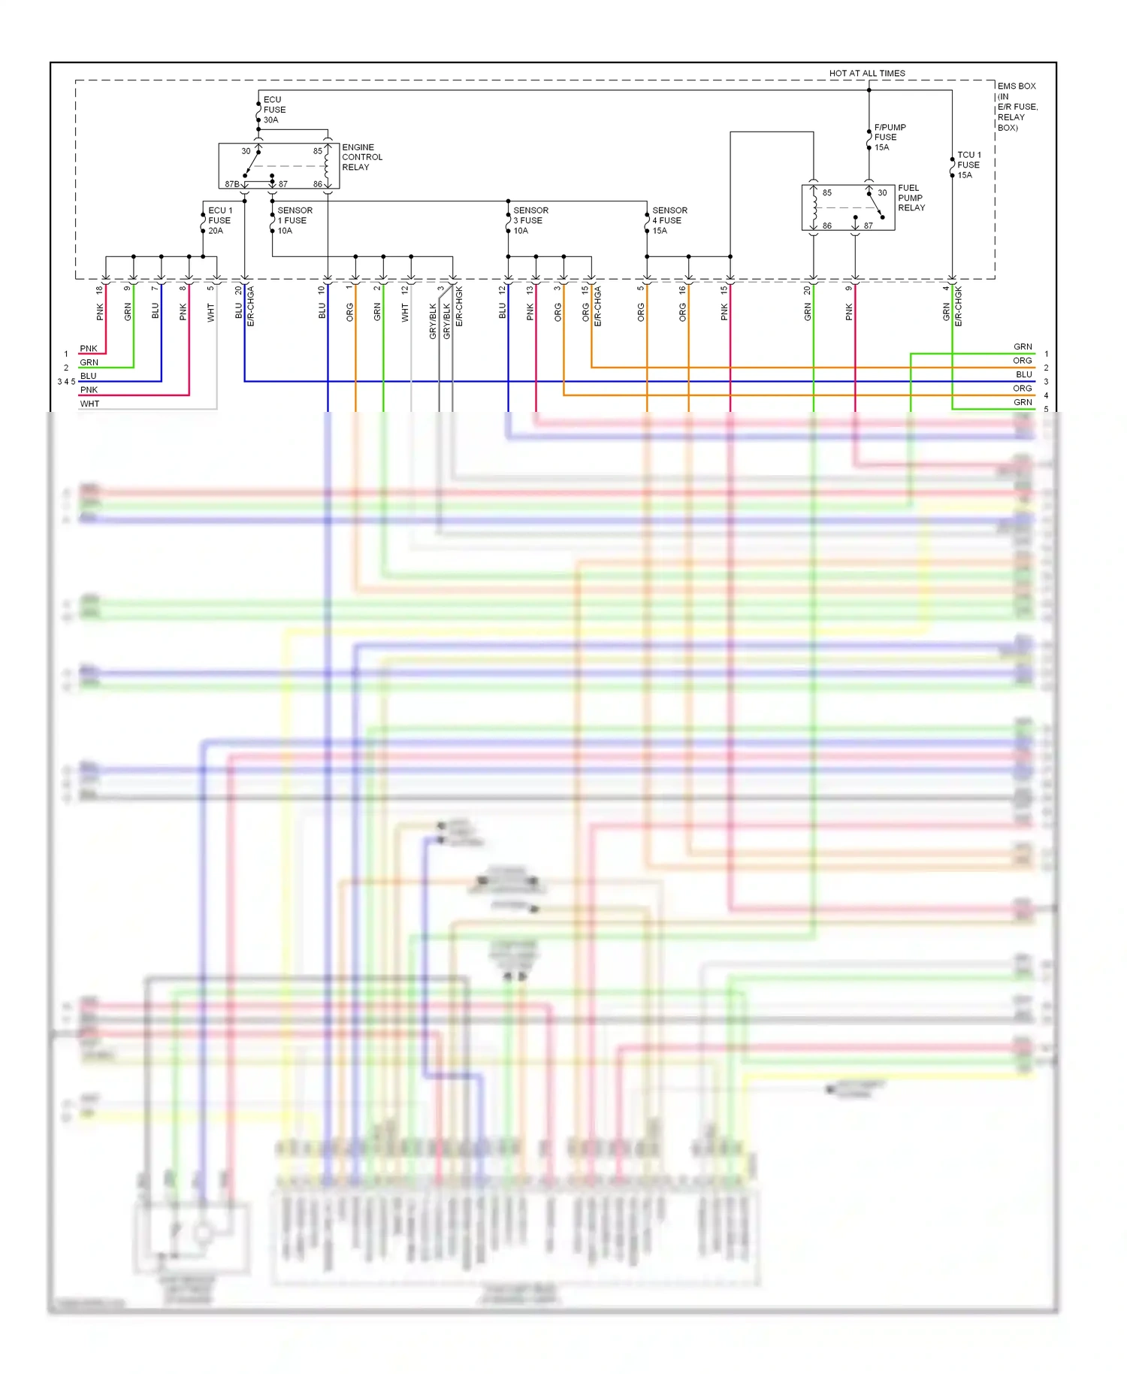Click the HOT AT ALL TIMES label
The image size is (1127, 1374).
pos(866,73)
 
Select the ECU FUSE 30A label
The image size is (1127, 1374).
pos(273,110)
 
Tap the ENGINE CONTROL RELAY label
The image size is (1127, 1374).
pos(361,157)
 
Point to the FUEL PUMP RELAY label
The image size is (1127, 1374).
pos(911,198)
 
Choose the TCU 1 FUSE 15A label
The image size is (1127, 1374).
pos(968,165)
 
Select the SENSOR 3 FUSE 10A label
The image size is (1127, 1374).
pos(530,220)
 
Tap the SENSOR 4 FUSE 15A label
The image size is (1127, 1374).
pos(669,220)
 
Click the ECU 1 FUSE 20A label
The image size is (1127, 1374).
pos(219,220)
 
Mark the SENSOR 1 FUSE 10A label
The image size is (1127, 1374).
pos(294,220)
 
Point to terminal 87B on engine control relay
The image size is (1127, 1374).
pos(231,184)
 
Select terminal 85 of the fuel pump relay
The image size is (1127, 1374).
pos(826,193)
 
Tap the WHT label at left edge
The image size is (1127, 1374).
pos(89,404)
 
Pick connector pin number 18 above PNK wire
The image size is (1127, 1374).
pos(99,289)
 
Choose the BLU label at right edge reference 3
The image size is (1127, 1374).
pos(1023,374)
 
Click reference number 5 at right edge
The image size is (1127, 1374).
pos(1045,410)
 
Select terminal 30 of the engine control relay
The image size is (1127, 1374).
pos(246,151)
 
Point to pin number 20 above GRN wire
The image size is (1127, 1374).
pos(807,290)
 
